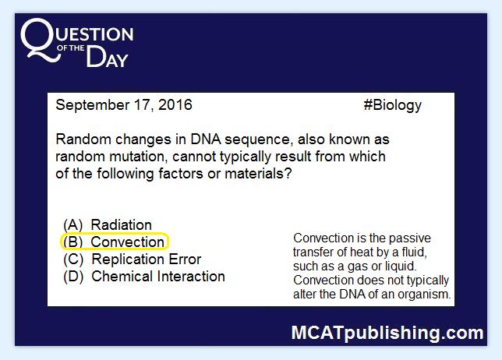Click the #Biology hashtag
[393, 105]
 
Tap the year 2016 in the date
[175, 105]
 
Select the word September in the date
[93, 106]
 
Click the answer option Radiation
[121, 225]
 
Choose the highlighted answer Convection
[127, 242]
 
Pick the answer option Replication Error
[147, 259]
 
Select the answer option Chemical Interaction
[158, 277]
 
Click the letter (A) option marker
[73, 225]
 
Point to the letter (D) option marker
[73, 277]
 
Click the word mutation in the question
[138, 157]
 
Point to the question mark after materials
[288, 174]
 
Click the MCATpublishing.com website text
[387, 333]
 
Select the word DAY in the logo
[108, 57]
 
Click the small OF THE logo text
[71, 48]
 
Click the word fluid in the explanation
[414, 252]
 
